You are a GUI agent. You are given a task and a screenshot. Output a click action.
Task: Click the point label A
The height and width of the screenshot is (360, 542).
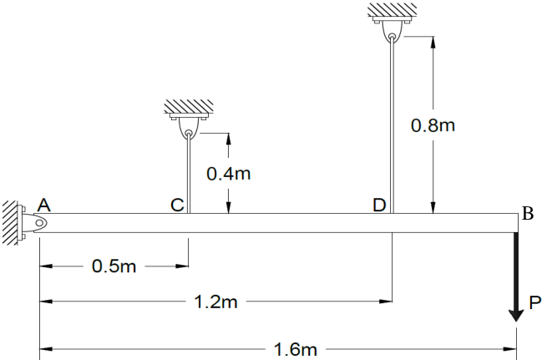pos(44,205)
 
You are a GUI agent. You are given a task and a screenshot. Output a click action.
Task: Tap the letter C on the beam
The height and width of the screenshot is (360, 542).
pos(177,205)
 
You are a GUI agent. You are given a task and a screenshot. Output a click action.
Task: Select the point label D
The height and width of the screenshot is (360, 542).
pos(379,205)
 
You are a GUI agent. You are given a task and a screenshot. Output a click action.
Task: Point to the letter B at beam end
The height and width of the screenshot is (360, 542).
pos(528,213)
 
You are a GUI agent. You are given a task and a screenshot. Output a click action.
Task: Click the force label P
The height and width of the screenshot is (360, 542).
pos(534,302)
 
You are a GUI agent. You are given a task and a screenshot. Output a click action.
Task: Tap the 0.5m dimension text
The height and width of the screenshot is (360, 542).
pos(114,266)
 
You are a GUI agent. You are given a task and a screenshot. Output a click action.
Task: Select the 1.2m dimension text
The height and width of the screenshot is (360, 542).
pos(216,302)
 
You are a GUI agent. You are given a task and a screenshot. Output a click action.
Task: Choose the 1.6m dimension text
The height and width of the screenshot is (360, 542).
pos(296,349)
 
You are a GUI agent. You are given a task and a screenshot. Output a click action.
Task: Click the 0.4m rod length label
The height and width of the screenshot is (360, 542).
pos(229,174)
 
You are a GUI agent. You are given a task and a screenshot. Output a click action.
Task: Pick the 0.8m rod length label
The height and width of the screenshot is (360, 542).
pos(433,125)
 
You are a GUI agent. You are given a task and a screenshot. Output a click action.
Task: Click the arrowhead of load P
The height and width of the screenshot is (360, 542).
pos(516,316)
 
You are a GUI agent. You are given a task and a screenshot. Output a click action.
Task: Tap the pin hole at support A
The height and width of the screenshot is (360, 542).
pos(39,223)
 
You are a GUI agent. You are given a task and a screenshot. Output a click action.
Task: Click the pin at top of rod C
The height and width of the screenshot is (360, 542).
pos(189,133)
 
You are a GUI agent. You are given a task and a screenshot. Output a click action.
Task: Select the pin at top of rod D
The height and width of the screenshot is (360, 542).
pos(392,36)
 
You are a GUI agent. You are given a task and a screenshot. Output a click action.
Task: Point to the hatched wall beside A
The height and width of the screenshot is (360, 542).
pos(10,223)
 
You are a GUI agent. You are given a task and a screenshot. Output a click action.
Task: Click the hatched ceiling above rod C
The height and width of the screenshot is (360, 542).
pos(189,106)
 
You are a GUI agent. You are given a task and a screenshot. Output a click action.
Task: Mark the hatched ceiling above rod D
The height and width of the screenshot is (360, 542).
pos(392,10)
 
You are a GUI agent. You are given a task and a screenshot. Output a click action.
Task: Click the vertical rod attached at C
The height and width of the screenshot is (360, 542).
pos(189,175)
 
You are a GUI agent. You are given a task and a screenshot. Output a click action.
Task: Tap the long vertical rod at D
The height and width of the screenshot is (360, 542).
pos(392,126)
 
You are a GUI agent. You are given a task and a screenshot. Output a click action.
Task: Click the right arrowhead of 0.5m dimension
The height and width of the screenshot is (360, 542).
pos(182,266)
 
